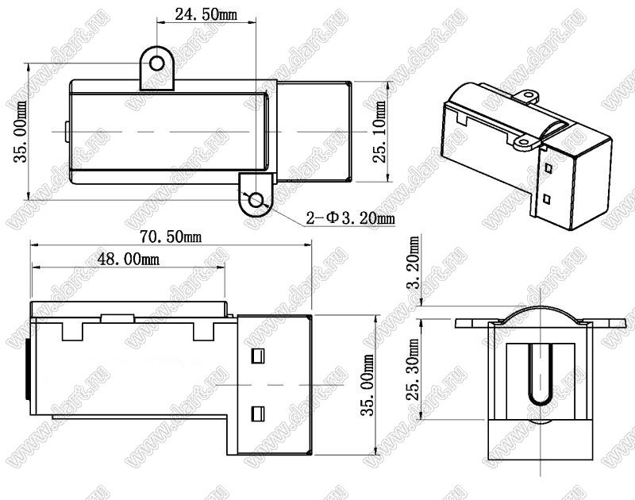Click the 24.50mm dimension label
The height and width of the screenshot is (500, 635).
coord(206,14)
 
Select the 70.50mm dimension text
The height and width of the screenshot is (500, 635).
coord(171,237)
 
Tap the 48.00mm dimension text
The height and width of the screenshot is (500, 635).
coord(129,259)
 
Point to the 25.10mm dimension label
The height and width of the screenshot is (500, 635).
coord(381,132)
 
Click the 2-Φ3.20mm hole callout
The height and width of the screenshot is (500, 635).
coord(350,218)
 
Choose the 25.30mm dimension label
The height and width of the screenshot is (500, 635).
coord(414,369)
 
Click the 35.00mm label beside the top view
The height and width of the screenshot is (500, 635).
coord(21,132)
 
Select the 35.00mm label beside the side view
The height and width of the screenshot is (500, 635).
coord(368,385)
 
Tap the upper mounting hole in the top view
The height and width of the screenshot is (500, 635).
coord(156,63)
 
